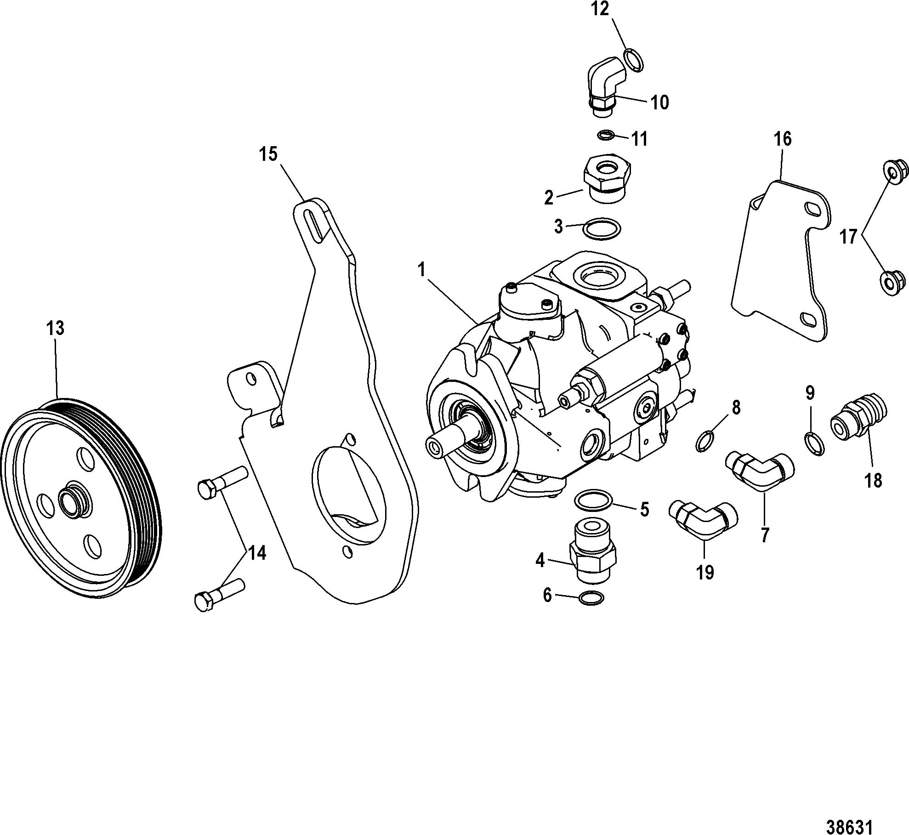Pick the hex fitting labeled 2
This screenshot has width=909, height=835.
(x=608, y=176)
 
